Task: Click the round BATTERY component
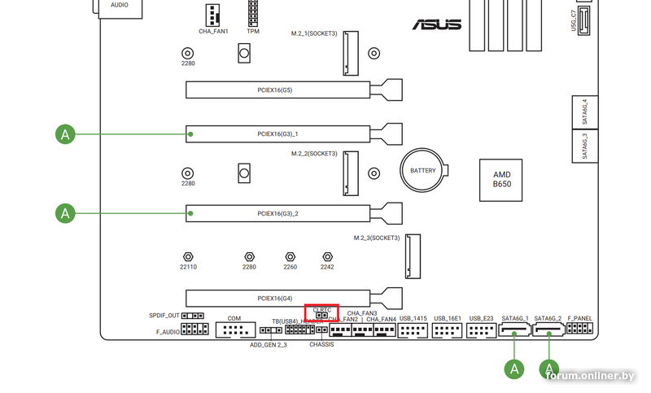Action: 423,171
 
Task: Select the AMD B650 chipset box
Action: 503,180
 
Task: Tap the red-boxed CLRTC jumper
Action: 321,312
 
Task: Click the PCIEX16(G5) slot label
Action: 275,90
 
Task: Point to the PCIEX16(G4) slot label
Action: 275,298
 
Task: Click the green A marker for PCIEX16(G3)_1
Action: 65,133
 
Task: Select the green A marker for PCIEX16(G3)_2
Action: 65,213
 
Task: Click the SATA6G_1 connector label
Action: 515,318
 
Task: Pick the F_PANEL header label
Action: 580,318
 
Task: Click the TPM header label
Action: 254,32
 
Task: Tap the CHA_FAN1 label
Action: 213,32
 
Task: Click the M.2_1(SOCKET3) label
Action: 314,34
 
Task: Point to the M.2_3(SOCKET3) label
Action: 377,238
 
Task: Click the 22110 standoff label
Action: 188,267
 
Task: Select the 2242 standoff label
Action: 327,267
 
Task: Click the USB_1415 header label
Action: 413,318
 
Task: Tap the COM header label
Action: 234,318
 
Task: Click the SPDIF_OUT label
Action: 164,315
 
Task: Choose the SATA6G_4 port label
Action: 585,111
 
